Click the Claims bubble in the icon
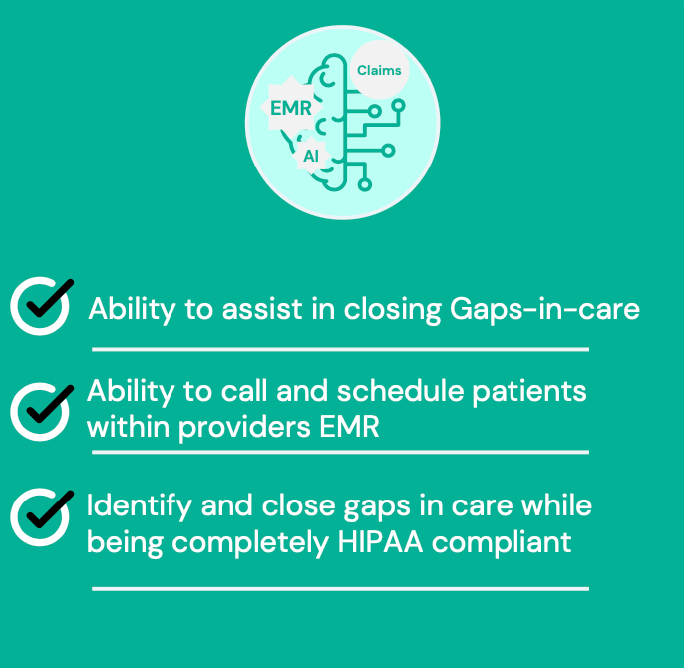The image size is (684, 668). [x=380, y=70]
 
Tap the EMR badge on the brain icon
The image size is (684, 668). [x=291, y=108]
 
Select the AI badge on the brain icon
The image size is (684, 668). [x=311, y=156]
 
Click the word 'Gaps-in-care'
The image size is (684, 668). [x=544, y=310]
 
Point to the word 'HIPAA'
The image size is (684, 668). [x=380, y=542]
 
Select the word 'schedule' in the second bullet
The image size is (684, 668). [x=400, y=390]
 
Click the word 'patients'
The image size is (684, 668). [x=529, y=391]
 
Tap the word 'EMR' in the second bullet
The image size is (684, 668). [x=349, y=427]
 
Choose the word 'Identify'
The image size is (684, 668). [x=140, y=507]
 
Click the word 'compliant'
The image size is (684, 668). [x=502, y=544]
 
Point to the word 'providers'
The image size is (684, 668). [x=244, y=428]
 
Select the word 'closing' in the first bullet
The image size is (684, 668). [x=393, y=311]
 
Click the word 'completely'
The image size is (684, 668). [x=250, y=544]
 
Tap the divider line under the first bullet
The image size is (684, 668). [x=340, y=349]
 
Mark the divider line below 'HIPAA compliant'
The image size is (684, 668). [x=340, y=589]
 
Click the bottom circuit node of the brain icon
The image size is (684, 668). [x=365, y=184]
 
